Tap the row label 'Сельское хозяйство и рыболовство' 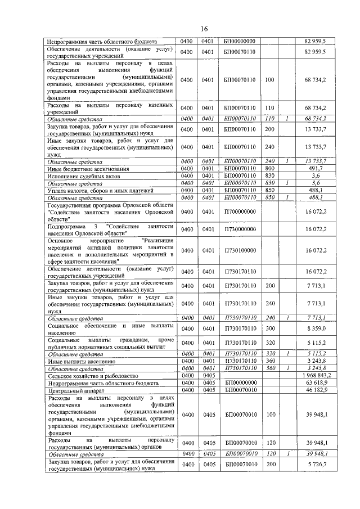point(90,375)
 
